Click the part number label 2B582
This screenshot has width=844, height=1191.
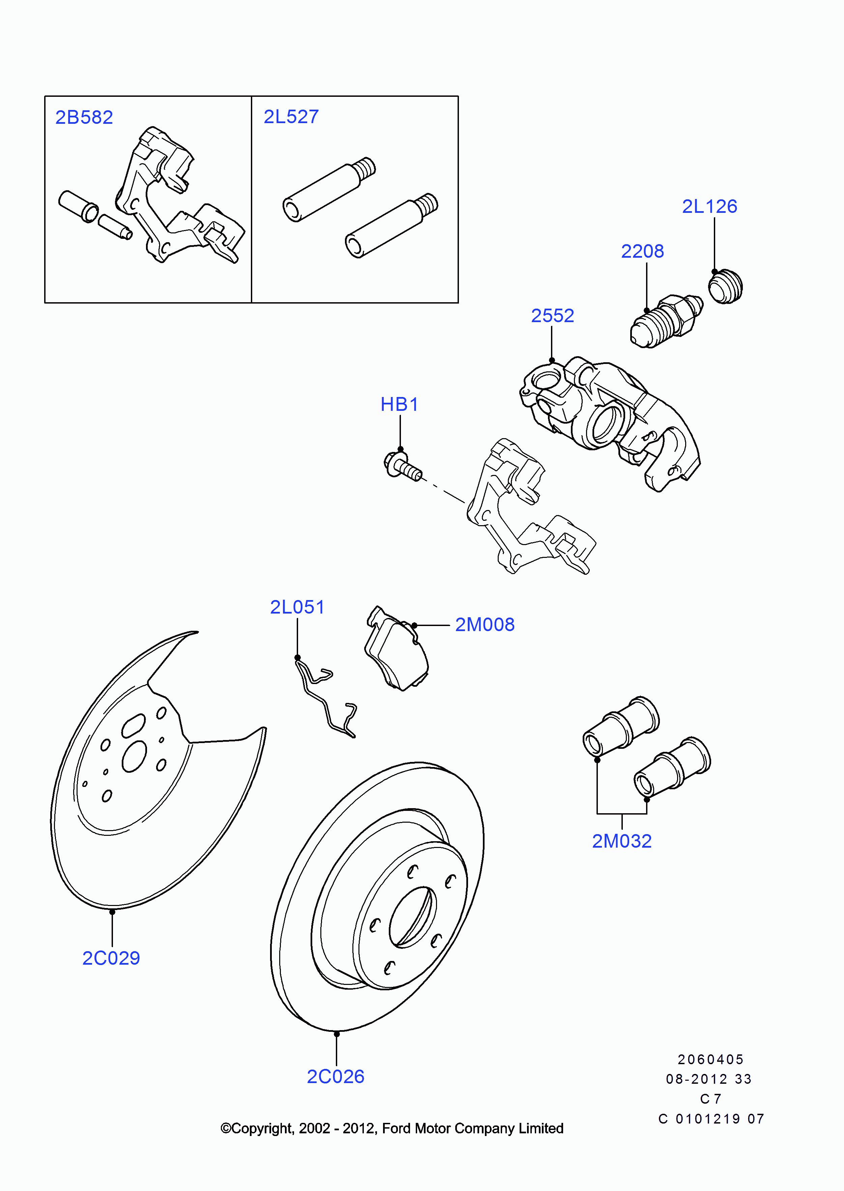(x=84, y=117)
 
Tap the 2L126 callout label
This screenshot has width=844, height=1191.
(x=709, y=206)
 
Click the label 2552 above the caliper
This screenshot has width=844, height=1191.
(x=552, y=316)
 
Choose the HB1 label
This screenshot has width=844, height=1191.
(x=399, y=404)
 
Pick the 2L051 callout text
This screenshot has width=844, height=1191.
(x=297, y=607)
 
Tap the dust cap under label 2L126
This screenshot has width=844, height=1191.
(x=726, y=287)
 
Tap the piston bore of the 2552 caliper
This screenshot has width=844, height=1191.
(x=604, y=422)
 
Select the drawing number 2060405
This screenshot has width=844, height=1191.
(x=710, y=1059)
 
